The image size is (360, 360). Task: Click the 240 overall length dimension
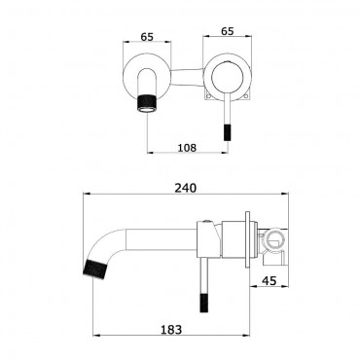[186, 188]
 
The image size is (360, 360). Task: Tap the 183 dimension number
[171, 330]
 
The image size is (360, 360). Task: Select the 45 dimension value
[269, 280]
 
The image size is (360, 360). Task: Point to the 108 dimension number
[187, 148]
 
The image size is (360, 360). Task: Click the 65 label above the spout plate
[147, 37]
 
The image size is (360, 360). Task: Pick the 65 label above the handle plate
[227, 31]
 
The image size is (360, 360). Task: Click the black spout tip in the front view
[147, 103]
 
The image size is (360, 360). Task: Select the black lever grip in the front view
[227, 132]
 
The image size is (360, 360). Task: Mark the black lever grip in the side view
[204, 303]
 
